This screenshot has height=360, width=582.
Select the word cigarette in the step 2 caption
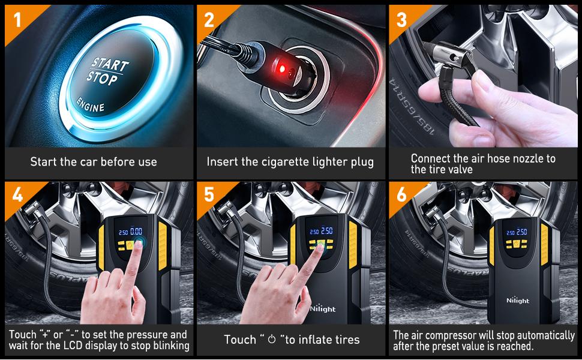point(285,162)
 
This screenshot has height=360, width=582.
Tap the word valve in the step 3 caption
point(457,170)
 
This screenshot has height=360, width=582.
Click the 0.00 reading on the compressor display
point(137,231)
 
